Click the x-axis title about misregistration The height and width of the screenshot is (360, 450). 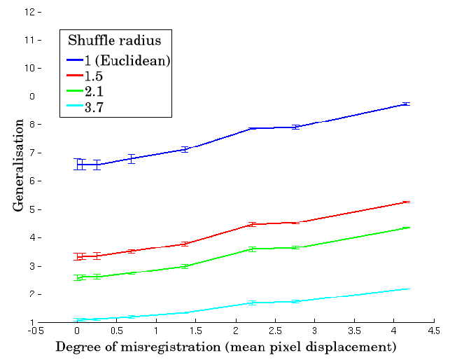226,347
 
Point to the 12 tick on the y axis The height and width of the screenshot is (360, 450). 29,12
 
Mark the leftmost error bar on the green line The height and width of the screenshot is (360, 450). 79,277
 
